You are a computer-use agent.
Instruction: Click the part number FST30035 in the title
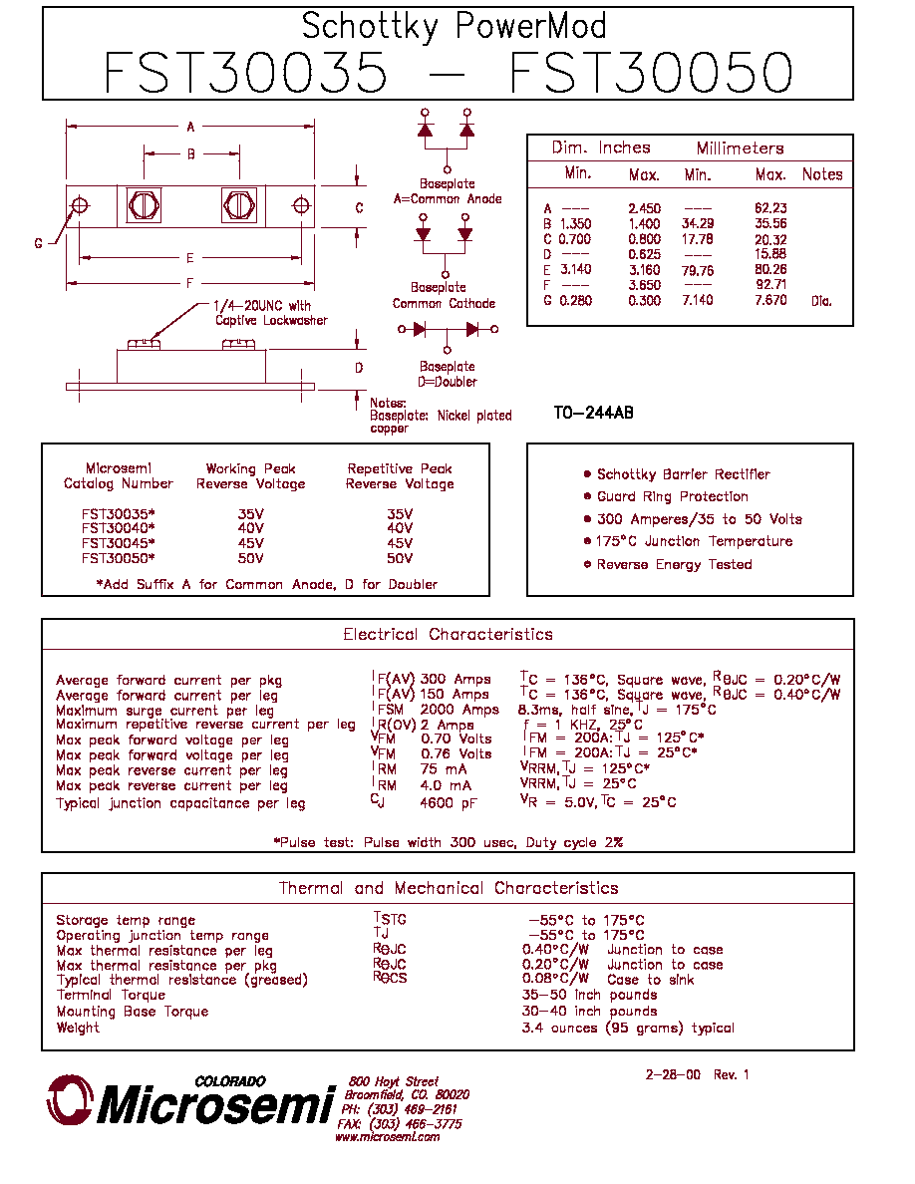click(x=245, y=73)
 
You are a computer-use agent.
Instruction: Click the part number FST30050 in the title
click(x=651, y=73)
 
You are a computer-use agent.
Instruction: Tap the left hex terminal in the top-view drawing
click(x=144, y=205)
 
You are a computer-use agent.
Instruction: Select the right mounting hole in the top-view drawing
click(x=300, y=205)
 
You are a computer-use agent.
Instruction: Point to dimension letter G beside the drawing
click(x=39, y=243)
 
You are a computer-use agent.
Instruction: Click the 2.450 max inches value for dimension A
click(x=644, y=208)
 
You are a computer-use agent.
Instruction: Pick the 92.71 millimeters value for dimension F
click(x=770, y=285)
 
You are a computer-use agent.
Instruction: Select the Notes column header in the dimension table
click(x=822, y=174)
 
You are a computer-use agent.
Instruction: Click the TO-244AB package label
click(x=593, y=413)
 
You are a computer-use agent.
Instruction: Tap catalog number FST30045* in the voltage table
click(x=118, y=543)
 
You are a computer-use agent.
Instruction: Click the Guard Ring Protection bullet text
click(x=673, y=497)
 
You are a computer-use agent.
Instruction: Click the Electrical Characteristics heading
click(x=448, y=634)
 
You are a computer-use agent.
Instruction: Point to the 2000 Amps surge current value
click(x=459, y=710)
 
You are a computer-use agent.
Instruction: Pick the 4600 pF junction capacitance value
click(x=449, y=802)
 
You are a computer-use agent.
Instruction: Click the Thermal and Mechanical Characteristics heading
click(x=449, y=888)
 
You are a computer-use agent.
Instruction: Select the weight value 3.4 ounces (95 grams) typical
click(x=627, y=1028)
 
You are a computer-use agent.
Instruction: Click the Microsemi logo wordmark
click(x=215, y=1105)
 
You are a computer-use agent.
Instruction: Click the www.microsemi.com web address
click(x=388, y=1137)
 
